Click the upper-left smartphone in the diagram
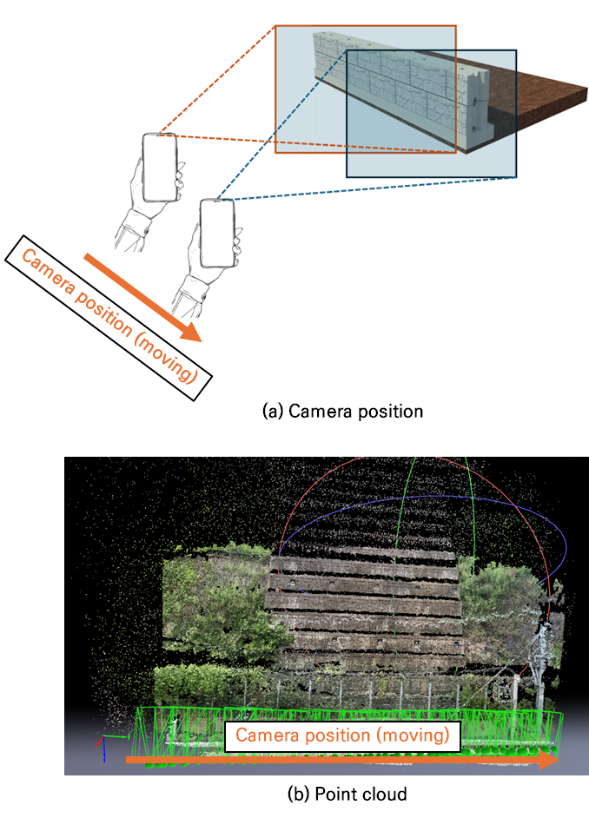159,168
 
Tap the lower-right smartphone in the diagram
217,234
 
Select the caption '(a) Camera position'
342,412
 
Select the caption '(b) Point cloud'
347,794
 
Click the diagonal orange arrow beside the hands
142,297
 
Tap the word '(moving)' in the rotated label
167,358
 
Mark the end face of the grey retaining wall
479,104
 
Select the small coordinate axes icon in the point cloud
109,745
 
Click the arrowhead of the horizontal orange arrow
549,760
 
